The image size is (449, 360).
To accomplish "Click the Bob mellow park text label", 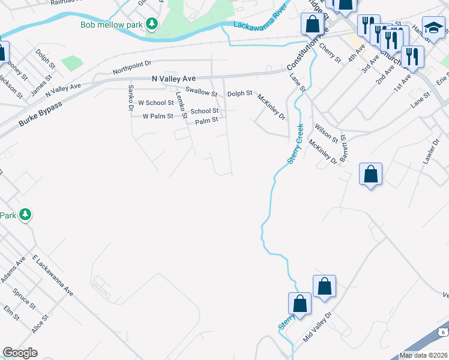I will click(114, 25).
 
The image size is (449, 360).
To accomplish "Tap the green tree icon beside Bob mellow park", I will click(153, 24).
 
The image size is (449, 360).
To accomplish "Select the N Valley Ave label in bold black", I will click(174, 79).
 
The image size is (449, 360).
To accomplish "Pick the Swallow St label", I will click(201, 92).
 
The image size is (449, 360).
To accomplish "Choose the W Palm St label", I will click(157, 116).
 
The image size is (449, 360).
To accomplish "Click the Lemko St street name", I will click(178, 103).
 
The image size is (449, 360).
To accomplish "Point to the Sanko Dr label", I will click(130, 97).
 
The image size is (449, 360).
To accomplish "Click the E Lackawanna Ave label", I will click(53, 275).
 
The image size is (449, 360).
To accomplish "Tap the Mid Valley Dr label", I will click(317, 326).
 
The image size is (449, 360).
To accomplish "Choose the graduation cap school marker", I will click(433, 29).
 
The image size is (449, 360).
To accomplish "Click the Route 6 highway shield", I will click(442, 331).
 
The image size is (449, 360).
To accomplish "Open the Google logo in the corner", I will click(20, 353).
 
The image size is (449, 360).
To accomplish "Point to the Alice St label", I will click(40, 326).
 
